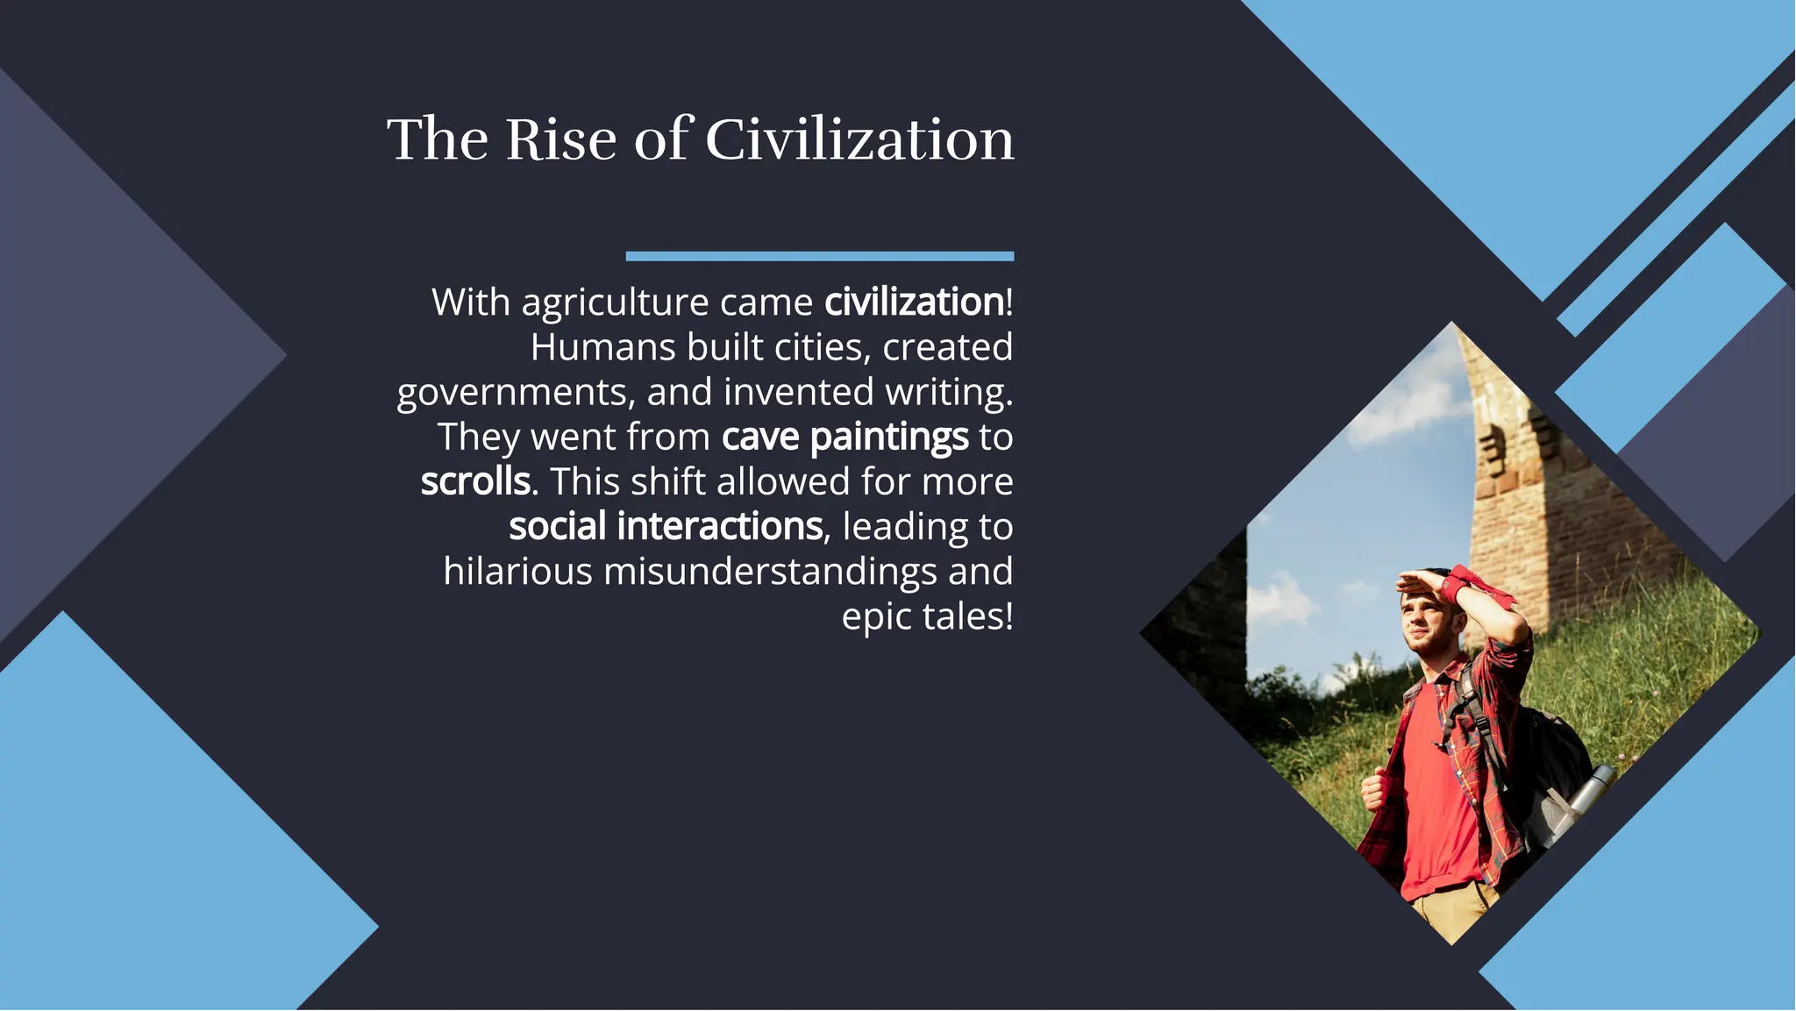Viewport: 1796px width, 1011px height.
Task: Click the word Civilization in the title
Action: pyautogui.click(x=859, y=139)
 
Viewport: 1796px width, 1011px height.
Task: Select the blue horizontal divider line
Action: pyautogui.click(x=819, y=256)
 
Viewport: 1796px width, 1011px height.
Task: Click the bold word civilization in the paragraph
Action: pyautogui.click(x=914, y=303)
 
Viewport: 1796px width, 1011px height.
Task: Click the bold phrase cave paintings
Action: pyautogui.click(x=845, y=438)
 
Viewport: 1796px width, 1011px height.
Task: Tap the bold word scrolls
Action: pyautogui.click(x=475, y=482)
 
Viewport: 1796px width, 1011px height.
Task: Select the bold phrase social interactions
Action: pyautogui.click(x=666, y=527)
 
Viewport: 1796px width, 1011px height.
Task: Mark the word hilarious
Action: pyautogui.click(x=517, y=572)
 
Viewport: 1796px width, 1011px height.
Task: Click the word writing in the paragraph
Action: pyautogui.click(x=948, y=393)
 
